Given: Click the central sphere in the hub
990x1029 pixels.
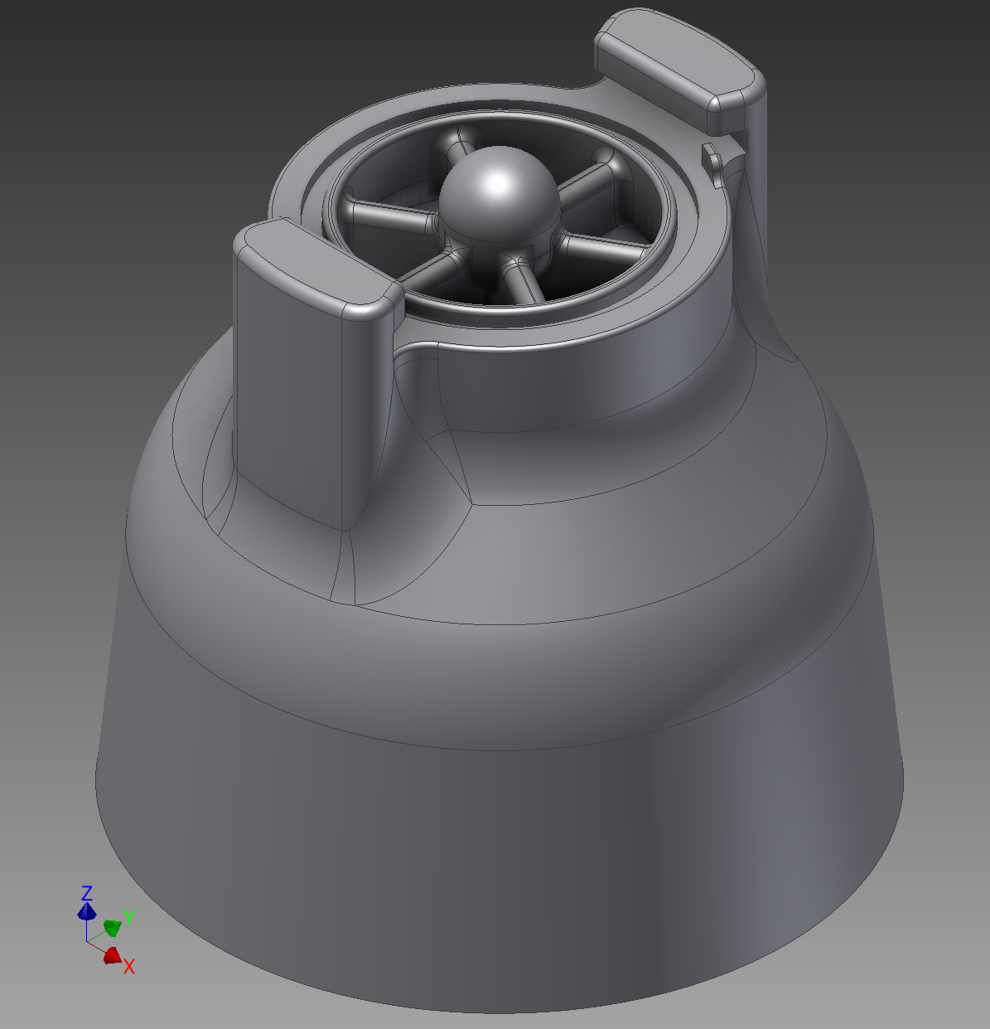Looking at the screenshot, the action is pos(500,195).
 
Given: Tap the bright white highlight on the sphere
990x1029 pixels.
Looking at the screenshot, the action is pos(497,184).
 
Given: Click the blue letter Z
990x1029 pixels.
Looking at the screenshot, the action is pos(87,893).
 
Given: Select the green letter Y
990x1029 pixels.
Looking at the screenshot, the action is pos(129,916).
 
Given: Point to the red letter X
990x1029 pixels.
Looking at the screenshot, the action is pos(129,967).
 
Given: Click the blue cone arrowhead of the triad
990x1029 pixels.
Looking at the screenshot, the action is pos(87,911).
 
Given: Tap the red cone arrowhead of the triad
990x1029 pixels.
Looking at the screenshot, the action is pos(112,955).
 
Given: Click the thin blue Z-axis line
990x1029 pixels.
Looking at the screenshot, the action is pos(87,930).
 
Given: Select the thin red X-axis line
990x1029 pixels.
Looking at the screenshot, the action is pos(95,948).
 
